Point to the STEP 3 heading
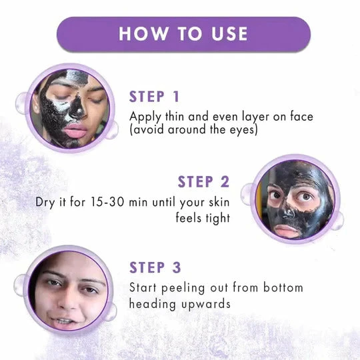pos(155,267)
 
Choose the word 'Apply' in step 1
pos(144,116)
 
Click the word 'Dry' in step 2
pos(44,201)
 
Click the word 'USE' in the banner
pos(224,34)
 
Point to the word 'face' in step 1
pos(299,116)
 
